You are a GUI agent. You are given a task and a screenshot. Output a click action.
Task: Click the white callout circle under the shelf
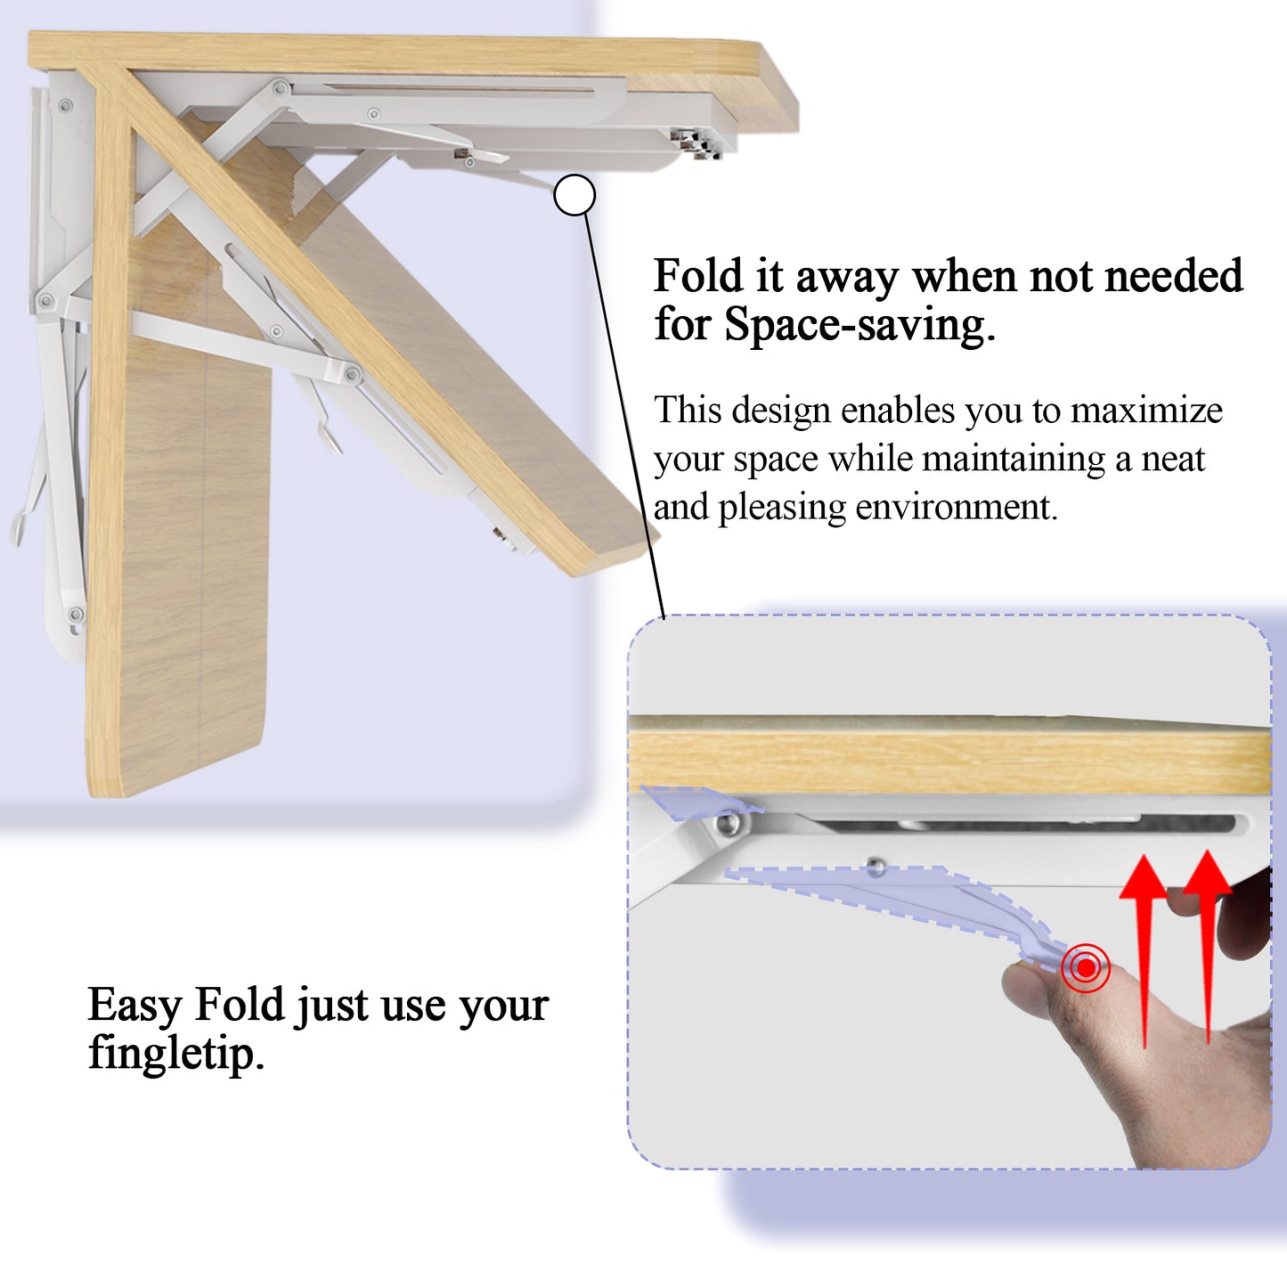(574, 195)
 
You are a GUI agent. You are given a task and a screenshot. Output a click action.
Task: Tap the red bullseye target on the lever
(1085, 966)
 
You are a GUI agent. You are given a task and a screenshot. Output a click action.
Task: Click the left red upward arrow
(1143, 944)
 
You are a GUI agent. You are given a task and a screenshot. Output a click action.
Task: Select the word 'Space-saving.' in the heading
(859, 325)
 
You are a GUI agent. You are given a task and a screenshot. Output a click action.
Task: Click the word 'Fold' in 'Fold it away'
(697, 276)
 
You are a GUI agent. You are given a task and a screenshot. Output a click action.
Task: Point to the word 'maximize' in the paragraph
(1146, 411)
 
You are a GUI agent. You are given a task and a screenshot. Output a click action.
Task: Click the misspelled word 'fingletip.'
(176, 1054)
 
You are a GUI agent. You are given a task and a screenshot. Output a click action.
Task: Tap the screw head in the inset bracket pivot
(729, 824)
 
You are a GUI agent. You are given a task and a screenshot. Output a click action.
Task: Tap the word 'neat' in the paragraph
(1173, 460)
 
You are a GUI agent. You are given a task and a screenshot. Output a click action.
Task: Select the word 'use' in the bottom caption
(413, 1006)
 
